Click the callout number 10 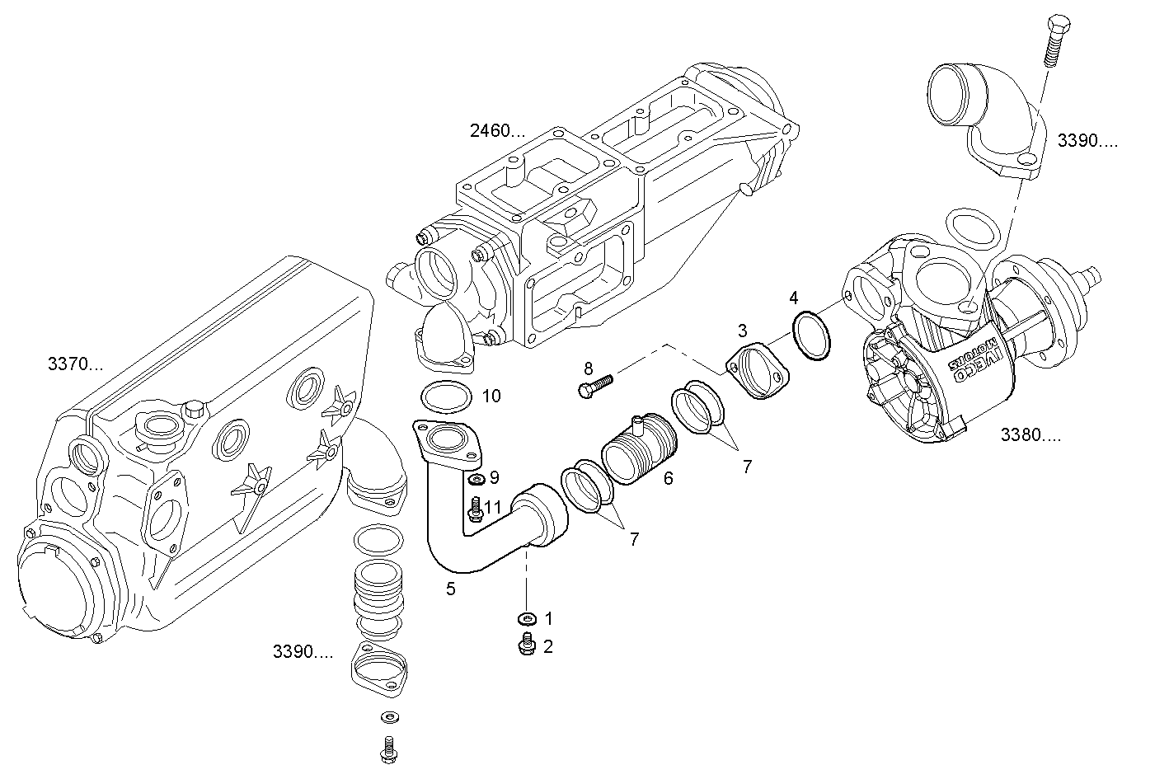pyautogui.click(x=491, y=396)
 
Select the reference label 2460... pyautogui.click(x=497, y=130)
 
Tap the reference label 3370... pyautogui.click(x=76, y=364)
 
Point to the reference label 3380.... pyautogui.click(x=1031, y=434)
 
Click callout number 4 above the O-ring pyautogui.click(x=794, y=298)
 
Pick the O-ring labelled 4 pyautogui.click(x=811, y=336)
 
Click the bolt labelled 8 pyautogui.click(x=595, y=385)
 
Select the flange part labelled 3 pyautogui.click(x=758, y=370)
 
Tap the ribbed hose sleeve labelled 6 pyautogui.click(x=640, y=448)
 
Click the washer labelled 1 pyautogui.click(x=528, y=619)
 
